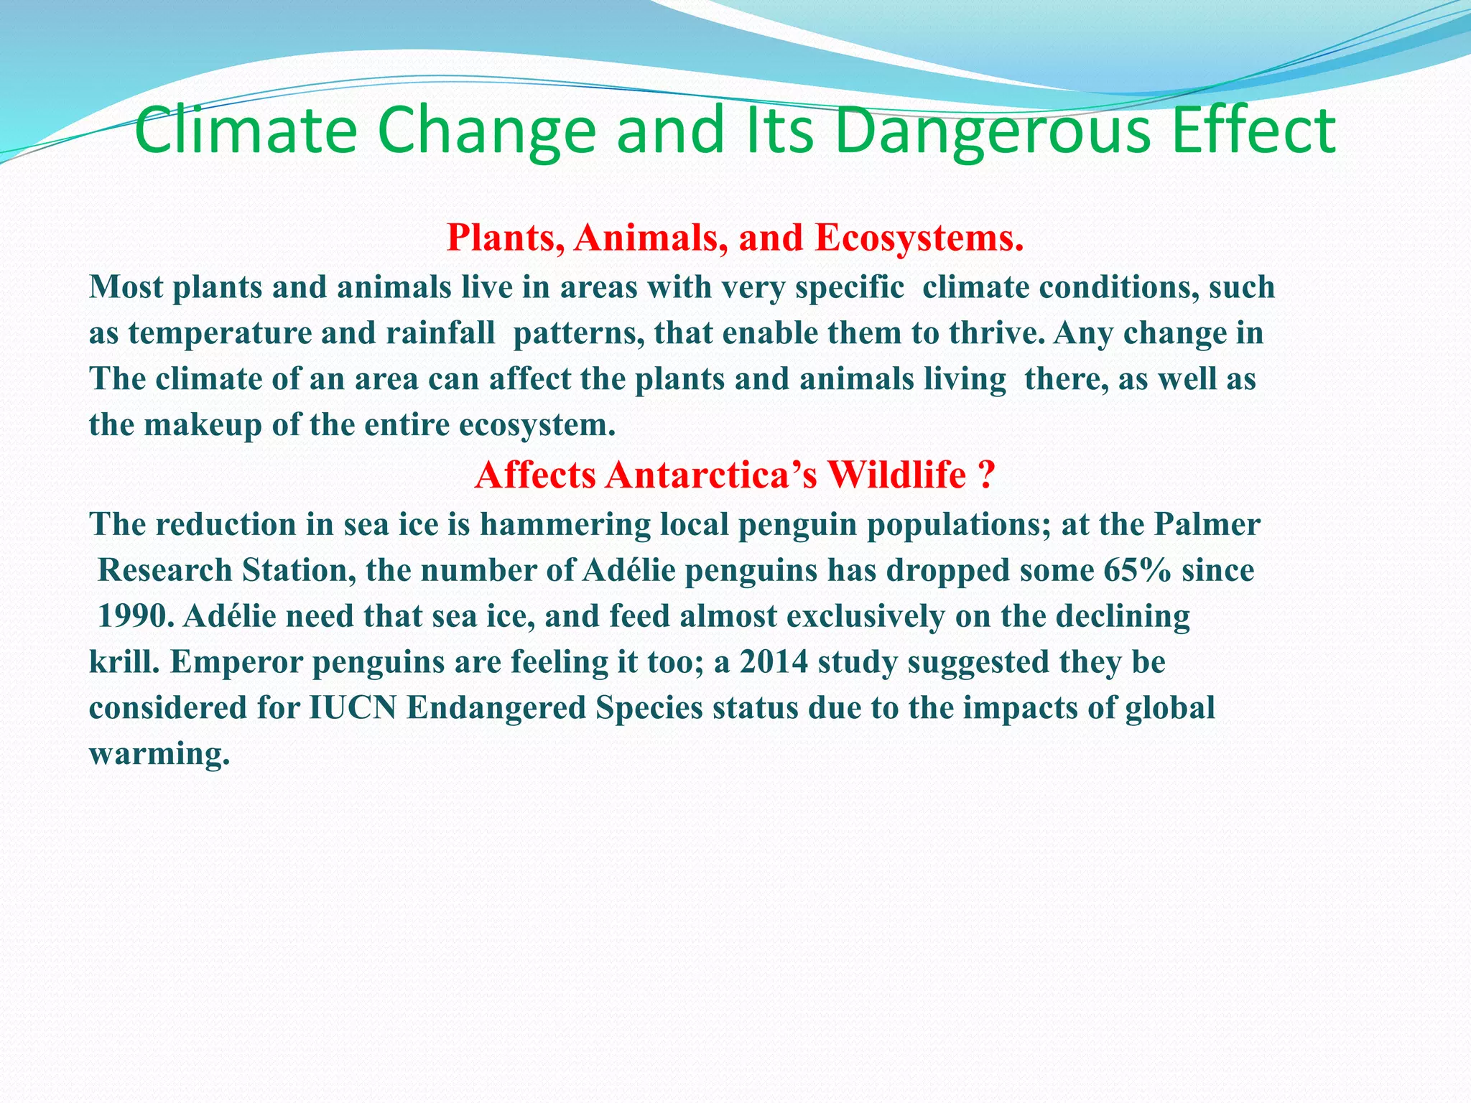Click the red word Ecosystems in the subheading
pos(919,238)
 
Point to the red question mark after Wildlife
pos(985,475)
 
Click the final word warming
pos(159,754)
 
